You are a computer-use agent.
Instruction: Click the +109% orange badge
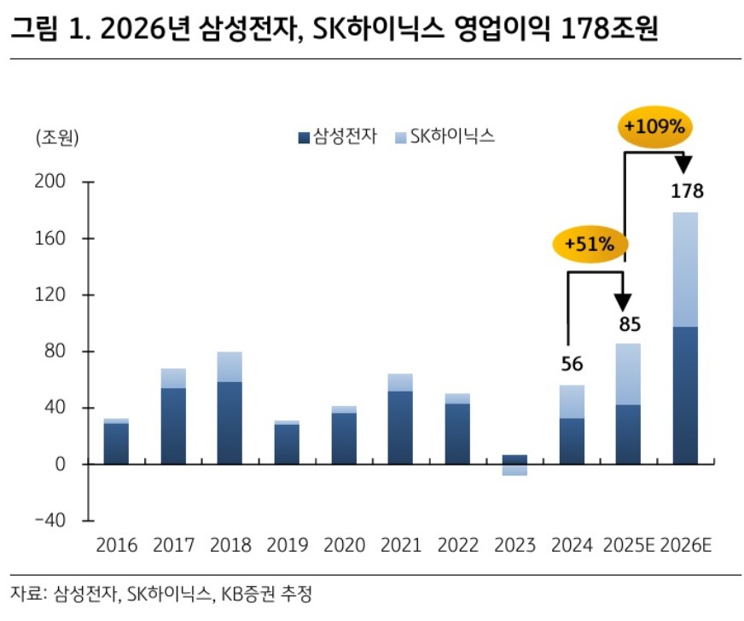tap(654, 128)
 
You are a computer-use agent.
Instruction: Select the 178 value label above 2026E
tap(687, 191)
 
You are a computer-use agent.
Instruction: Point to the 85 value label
tap(630, 324)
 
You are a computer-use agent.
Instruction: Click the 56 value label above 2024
tap(572, 365)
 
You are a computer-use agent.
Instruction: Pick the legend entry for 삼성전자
tap(337, 136)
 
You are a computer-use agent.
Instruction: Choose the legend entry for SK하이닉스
tap(445, 136)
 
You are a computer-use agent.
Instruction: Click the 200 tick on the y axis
tap(53, 183)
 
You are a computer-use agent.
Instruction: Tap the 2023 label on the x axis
tap(514, 545)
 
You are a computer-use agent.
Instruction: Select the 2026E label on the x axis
tap(687, 545)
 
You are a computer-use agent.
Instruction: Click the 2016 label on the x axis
tap(115, 545)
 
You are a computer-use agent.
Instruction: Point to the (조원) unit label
tap(55, 137)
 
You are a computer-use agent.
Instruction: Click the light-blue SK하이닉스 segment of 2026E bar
tap(686, 269)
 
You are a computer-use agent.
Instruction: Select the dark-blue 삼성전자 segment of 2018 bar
tap(230, 422)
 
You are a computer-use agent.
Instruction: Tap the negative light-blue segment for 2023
tap(514, 470)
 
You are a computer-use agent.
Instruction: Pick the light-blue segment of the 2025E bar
tap(629, 374)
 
